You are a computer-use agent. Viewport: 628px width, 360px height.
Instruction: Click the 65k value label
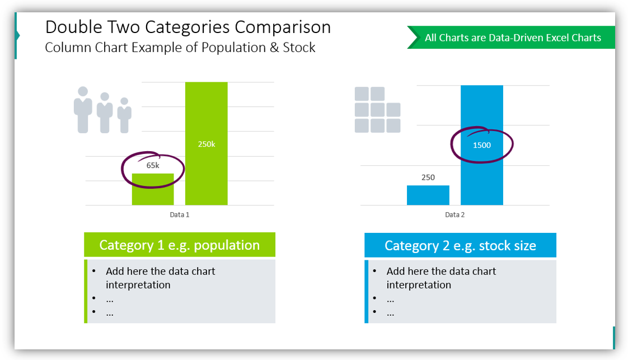pyautogui.click(x=153, y=166)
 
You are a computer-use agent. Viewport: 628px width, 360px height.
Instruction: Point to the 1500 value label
pyautogui.click(x=481, y=146)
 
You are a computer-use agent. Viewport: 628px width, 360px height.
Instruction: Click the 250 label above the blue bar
pyautogui.click(x=428, y=177)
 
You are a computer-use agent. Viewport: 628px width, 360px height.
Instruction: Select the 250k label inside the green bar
pyautogui.click(x=206, y=144)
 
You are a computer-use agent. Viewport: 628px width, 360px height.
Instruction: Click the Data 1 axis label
pyautogui.click(x=180, y=214)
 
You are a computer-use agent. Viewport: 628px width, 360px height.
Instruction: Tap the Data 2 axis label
pyautogui.click(x=454, y=214)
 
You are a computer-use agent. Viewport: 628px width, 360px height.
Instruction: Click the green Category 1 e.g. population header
pyautogui.click(x=180, y=245)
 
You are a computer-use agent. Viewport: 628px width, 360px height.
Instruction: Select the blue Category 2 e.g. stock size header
pyautogui.click(x=460, y=246)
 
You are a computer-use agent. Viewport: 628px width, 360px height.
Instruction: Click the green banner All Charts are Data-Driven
pyautogui.click(x=512, y=38)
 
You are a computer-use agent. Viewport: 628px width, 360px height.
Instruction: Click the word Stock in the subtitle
pyautogui.click(x=299, y=48)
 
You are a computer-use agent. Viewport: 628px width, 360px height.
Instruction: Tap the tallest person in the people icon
pyautogui.click(x=83, y=109)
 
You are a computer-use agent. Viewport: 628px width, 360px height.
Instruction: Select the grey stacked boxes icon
pyautogui.click(x=377, y=110)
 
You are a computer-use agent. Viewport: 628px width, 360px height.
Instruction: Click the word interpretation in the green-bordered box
pyautogui.click(x=138, y=285)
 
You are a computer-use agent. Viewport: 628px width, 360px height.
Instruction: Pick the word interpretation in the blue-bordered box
pyautogui.click(x=418, y=285)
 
